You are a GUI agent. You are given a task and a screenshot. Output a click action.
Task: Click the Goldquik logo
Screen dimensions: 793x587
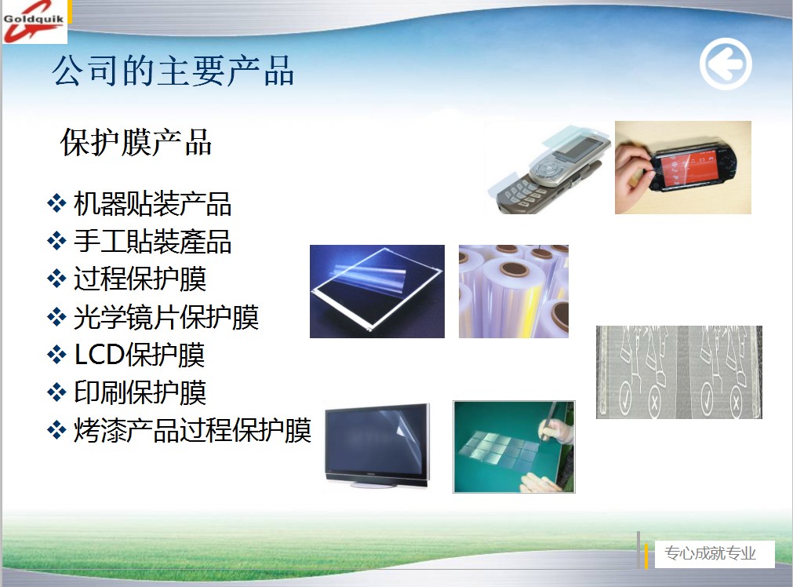pyautogui.click(x=35, y=22)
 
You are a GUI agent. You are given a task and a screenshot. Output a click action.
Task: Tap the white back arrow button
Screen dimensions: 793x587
pyautogui.click(x=726, y=64)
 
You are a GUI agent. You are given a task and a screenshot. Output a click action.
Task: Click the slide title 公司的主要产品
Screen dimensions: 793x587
pyautogui.click(x=173, y=71)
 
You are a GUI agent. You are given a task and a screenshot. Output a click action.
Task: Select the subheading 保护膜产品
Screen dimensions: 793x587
pyautogui.click(x=136, y=142)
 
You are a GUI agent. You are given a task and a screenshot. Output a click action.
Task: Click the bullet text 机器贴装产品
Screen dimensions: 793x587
pyautogui.click(x=153, y=204)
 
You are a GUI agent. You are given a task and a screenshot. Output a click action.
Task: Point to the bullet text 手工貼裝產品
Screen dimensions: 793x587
pyautogui.click(x=153, y=242)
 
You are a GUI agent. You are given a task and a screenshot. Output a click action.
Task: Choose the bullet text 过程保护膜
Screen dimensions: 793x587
pyautogui.click(x=140, y=279)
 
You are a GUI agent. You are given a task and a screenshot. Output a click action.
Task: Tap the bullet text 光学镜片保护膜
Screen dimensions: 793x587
pyautogui.click(x=166, y=317)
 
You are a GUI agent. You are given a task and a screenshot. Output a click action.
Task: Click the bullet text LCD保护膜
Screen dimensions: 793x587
pyautogui.click(x=140, y=355)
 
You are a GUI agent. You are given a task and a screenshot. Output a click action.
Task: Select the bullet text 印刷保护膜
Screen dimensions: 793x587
pyautogui.click(x=140, y=392)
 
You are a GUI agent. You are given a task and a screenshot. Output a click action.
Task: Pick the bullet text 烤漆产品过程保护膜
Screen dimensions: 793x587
pyautogui.click(x=193, y=431)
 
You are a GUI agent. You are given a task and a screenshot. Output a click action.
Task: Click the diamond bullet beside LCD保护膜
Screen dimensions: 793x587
pyautogui.click(x=56, y=355)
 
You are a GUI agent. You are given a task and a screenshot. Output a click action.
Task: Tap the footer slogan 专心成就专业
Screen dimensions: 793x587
pyautogui.click(x=710, y=553)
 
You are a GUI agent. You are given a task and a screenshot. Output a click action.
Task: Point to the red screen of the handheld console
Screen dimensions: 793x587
pyautogui.click(x=691, y=167)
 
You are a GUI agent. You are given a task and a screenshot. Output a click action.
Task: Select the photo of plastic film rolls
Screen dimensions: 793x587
pyautogui.click(x=513, y=291)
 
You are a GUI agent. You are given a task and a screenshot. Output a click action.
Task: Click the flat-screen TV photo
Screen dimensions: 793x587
pyautogui.click(x=377, y=446)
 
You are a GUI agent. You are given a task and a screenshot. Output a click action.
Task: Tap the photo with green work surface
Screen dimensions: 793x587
pyautogui.click(x=514, y=447)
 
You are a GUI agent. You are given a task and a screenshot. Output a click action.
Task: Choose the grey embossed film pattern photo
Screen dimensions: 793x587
pyautogui.click(x=678, y=372)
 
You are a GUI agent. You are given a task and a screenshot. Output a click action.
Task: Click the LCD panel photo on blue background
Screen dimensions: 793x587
pyautogui.click(x=377, y=291)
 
